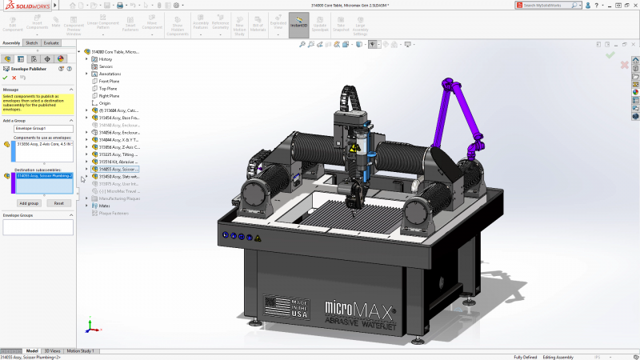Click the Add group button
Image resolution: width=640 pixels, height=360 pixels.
pos(29,203)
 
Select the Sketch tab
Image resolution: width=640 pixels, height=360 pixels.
pos(31,42)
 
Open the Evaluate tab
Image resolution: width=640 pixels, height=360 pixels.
pos(51,42)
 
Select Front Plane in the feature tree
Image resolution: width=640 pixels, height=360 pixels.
pos(110,81)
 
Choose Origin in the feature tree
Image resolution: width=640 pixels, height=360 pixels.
pos(105,103)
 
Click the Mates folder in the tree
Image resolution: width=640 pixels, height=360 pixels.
pos(104,206)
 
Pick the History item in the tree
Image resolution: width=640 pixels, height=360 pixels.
pos(106,59)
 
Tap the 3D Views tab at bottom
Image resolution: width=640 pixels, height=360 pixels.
pos(51,350)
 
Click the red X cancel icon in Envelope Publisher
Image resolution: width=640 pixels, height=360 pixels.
pos(14,78)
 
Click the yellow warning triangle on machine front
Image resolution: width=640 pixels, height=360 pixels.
pos(257,238)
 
